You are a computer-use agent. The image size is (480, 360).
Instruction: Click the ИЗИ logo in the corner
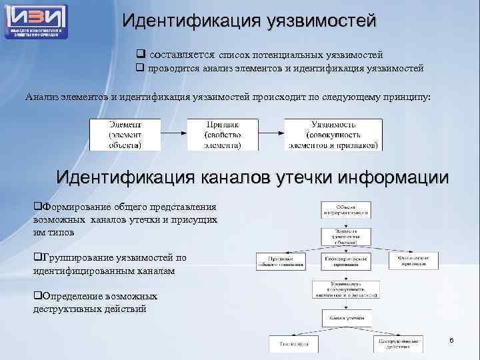pos(36,20)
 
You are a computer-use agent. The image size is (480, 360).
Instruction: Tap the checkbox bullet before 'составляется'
pos(141,54)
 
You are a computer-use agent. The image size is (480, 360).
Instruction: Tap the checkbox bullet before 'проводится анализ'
pos(141,67)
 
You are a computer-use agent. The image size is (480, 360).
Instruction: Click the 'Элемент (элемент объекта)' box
pos(125,134)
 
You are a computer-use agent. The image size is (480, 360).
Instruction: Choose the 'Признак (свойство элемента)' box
pos(223,134)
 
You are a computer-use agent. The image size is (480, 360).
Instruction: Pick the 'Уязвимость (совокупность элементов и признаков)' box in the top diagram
pos(333,134)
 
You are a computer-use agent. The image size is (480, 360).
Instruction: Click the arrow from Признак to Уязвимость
pos(271,134)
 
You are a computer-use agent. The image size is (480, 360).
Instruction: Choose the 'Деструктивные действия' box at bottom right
pos(397,343)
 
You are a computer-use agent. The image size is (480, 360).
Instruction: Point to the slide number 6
pos(451,341)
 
